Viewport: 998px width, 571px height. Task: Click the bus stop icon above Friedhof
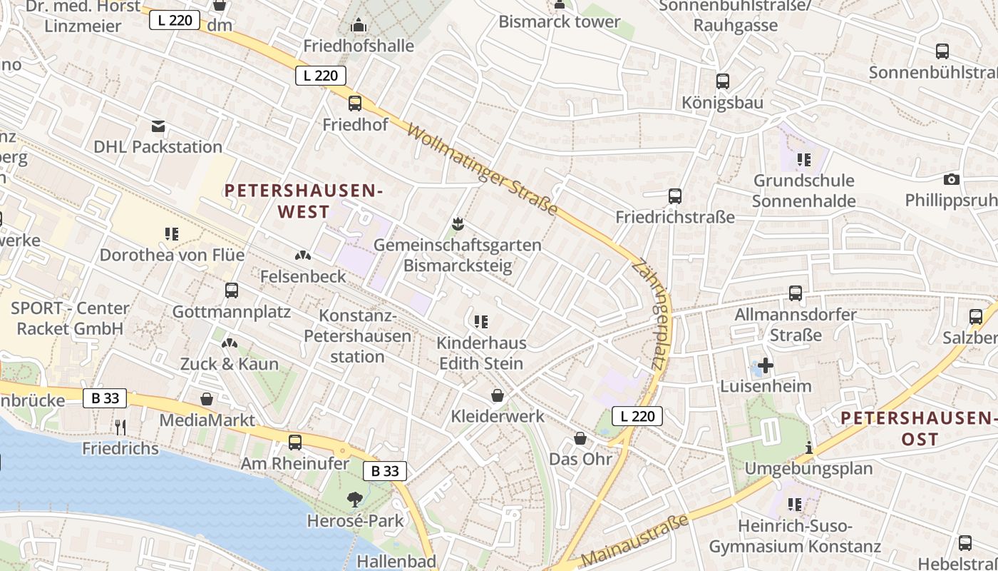point(355,103)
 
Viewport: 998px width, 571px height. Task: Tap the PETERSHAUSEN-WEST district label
point(304,201)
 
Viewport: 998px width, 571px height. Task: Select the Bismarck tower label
point(559,21)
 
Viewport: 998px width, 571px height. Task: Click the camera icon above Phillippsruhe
point(951,179)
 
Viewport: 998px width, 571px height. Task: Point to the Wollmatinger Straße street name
point(483,169)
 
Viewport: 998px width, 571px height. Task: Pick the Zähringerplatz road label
point(647,314)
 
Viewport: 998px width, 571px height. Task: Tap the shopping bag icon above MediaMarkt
point(207,398)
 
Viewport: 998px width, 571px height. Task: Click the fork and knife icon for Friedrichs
point(120,427)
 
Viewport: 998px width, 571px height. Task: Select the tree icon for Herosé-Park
point(354,499)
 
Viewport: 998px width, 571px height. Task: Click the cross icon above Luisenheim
point(766,365)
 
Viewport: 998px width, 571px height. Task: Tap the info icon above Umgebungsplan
point(808,448)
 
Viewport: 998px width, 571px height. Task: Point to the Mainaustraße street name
point(636,540)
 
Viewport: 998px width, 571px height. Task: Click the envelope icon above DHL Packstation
point(158,126)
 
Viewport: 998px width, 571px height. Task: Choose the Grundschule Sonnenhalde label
point(803,191)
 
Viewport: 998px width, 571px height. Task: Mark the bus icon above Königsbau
point(722,81)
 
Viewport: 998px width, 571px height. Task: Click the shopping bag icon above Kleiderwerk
point(497,395)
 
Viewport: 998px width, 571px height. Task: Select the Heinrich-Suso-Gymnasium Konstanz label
point(795,537)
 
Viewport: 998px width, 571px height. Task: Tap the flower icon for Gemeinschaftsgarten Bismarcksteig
point(458,224)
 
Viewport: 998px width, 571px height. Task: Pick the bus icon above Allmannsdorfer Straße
point(795,293)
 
